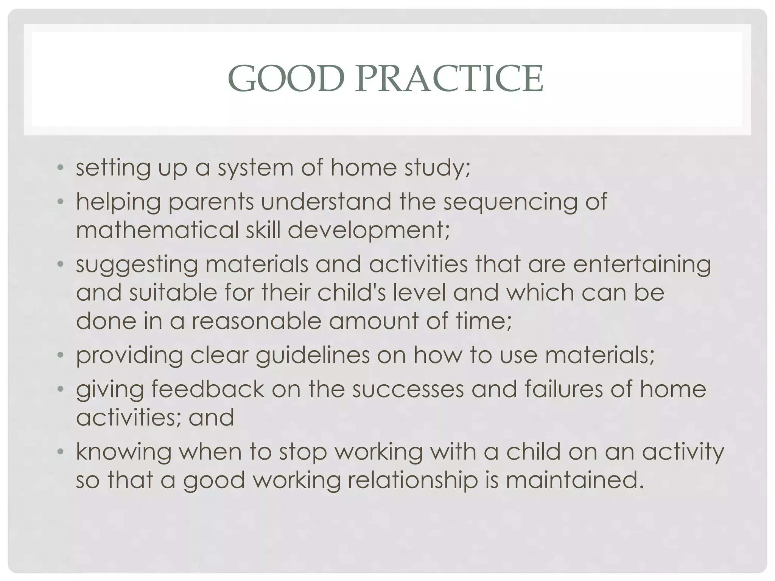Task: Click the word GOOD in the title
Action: pyautogui.click(x=286, y=79)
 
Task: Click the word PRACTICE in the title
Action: pyautogui.click(x=449, y=79)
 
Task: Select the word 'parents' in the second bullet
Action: pyautogui.click(x=210, y=202)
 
